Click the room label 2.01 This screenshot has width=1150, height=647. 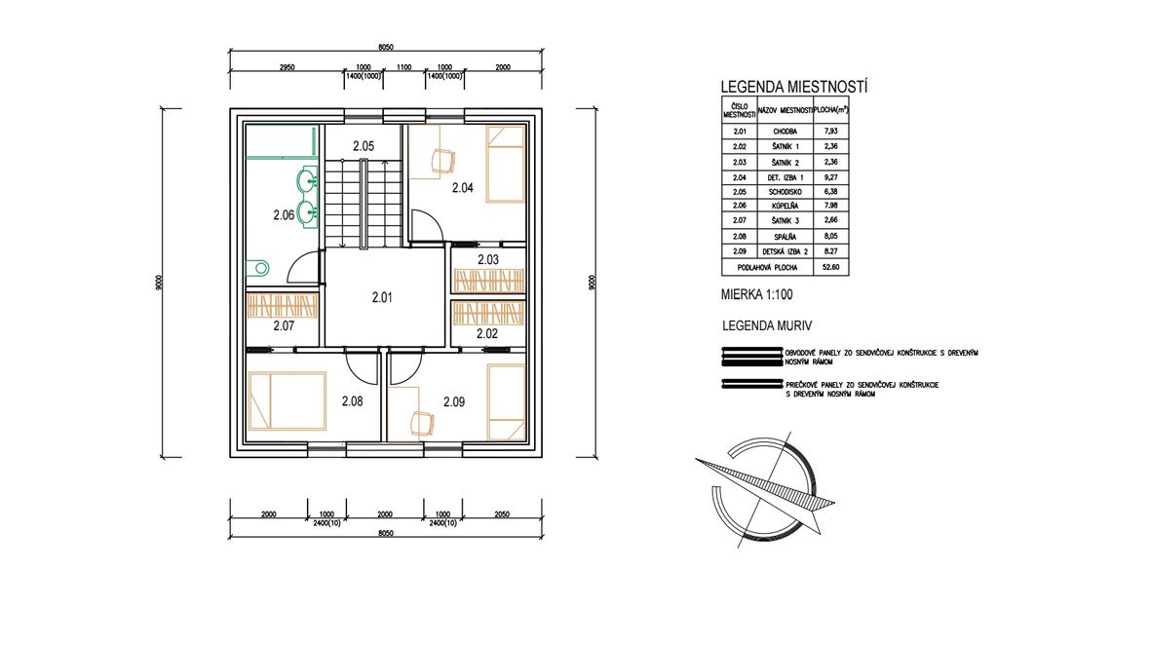pos(382,298)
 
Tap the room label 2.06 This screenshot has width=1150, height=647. pos(284,215)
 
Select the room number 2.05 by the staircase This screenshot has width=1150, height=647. pos(364,146)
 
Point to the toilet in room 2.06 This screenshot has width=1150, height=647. pos(257,268)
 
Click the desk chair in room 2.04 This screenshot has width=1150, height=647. pos(443,160)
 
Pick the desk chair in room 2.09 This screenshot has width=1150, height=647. pos(422,423)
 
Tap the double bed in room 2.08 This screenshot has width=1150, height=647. pos(287,400)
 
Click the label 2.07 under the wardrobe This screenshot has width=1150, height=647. pos(284,325)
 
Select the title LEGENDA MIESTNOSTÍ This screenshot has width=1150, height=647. pos(794,87)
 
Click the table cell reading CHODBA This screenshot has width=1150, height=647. pos(785,132)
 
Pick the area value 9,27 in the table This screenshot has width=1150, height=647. pos(830,176)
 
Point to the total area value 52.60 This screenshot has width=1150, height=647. pos(830,268)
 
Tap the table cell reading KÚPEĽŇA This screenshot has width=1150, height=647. pos(785,207)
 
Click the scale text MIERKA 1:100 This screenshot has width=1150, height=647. pos(757,295)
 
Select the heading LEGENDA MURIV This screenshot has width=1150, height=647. pos(767,326)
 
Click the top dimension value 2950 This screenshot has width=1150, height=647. pos(287,67)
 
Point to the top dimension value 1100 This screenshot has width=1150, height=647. pos(403,67)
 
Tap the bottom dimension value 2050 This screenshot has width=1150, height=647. pos(502,514)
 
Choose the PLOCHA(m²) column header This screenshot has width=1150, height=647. pos(831,110)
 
